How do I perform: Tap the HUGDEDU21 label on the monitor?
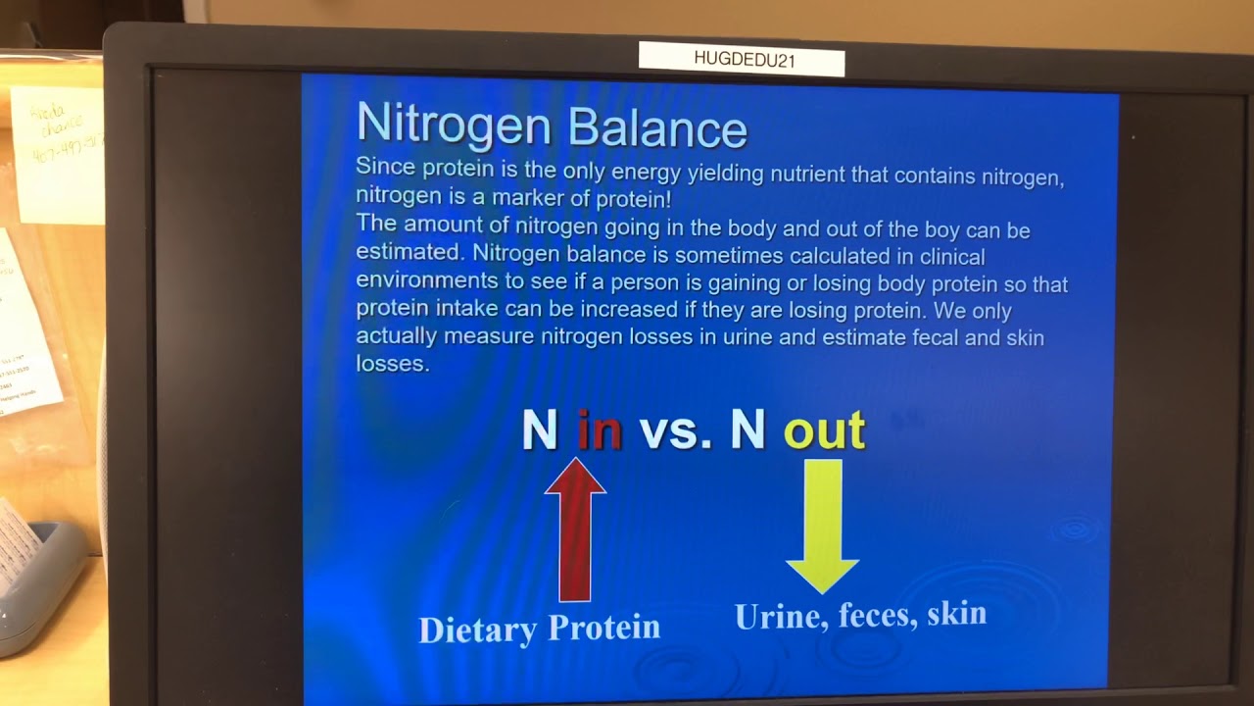click(x=743, y=59)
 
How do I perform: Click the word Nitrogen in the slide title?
click(x=454, y=126)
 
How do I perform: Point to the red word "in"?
click(x=600, y=429)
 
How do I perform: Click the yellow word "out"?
click(x=824, y=430)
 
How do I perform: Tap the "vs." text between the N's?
click(x=675, y=430)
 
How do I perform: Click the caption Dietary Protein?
click(x=539, y=629)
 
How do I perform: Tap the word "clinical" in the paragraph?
click(x=949, y=256)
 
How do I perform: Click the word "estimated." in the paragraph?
click(x=409, y=252)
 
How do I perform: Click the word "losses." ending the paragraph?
click(x=392, y=364)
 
